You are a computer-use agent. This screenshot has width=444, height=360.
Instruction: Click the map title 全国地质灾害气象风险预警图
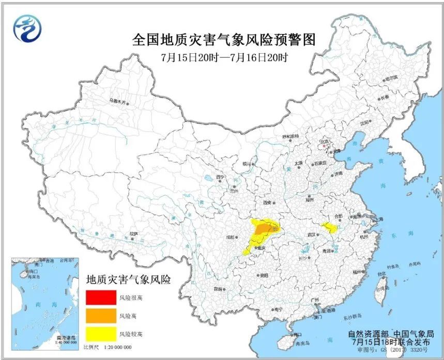(x=223, y=40)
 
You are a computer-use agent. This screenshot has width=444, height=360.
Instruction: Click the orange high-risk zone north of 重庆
(x=265, y=228)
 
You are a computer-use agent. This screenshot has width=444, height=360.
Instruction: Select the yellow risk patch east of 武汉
(x=328, y=227)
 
